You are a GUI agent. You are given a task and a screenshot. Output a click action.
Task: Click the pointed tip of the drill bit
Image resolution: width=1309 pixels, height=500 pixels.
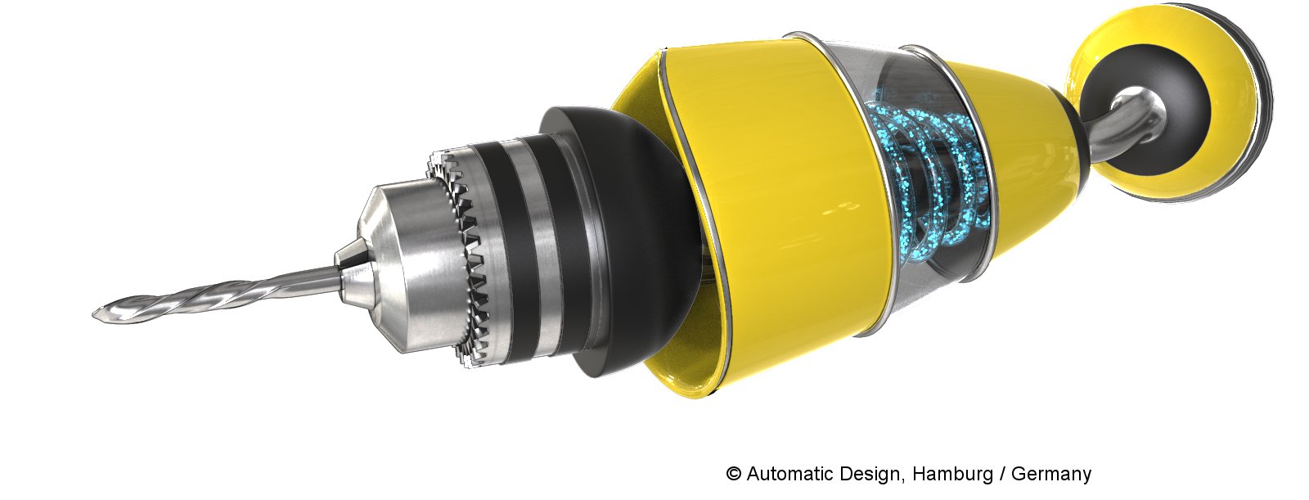click(x=93, y=314)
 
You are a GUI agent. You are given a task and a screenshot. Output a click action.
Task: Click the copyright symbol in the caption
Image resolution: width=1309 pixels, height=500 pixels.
click(x=733, y=473)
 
